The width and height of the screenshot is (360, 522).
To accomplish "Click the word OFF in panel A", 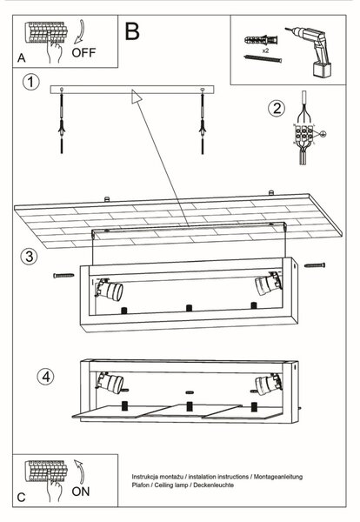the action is (83, 52).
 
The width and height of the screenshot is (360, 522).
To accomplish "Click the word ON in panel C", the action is (81, 492).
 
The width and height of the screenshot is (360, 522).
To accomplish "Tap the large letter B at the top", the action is (132, 31).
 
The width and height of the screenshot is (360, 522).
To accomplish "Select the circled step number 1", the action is (31, 82).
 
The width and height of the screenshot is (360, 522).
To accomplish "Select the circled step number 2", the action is (277, 108).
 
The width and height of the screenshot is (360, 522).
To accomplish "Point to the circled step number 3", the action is (30, 257).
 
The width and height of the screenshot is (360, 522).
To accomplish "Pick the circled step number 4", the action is (45, 377).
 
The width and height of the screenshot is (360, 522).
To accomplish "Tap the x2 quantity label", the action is (265, 51).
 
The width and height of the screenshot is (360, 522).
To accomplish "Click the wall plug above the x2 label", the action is (261, 40).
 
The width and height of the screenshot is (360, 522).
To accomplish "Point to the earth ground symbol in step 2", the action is (323, 134).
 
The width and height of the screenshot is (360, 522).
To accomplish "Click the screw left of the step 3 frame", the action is (63, 275).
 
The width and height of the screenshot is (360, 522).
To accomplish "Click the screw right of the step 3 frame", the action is (315, 265).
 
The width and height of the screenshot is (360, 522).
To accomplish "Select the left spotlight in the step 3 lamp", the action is (109, 288).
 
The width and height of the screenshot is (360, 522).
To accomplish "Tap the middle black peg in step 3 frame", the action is (189, 308).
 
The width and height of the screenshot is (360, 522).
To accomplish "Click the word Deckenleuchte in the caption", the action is (214, 485).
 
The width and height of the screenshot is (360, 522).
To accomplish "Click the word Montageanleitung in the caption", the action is (278, 477).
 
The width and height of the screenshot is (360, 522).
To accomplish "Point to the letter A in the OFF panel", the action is (21, 58).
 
